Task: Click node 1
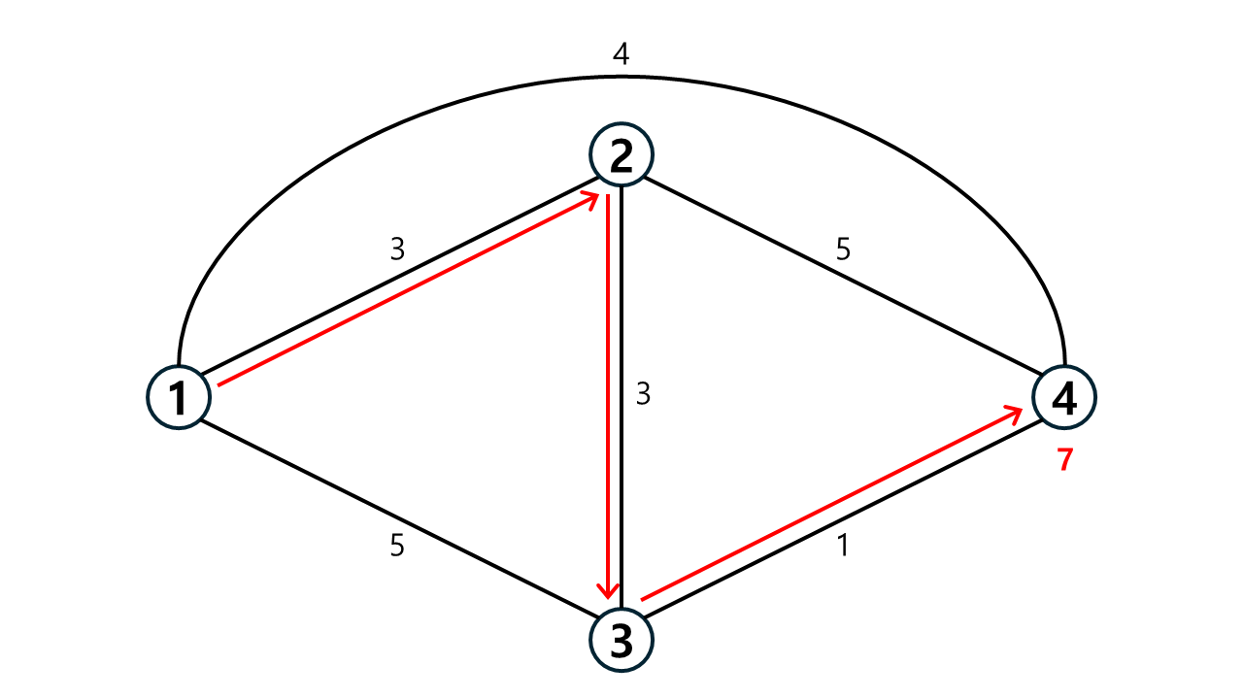pyautogui.click(x=179, y=397)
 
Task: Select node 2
pyautogui.click(x=621, y=154)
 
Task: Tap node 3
pyautogui.click(x=621, y=641)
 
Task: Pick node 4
pyautogui.click(x=1063, y=397)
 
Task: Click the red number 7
pyautogui.click(x=1065, y=459)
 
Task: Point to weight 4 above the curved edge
pyautogui.click(x=621, y=54)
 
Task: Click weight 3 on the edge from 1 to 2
pyautogui.click(x=397, y=250)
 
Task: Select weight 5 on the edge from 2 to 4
pyautogui.click(x=843, y=250)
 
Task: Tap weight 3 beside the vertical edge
pyautogui.click(x=643, y=394)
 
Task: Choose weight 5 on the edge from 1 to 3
pyautogui.click(x=397, y=546)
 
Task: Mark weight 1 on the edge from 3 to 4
pyautogui.click(x=843, y=546)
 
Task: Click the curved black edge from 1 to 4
pyautogui.click(x=621, y=77)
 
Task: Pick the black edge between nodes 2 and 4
pyautogui.click(x=842, y=275)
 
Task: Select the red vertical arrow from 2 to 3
pyautogui.click(x=608, y=397)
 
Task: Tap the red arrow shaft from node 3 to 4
pyautogui.click(x=832, y=503)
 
